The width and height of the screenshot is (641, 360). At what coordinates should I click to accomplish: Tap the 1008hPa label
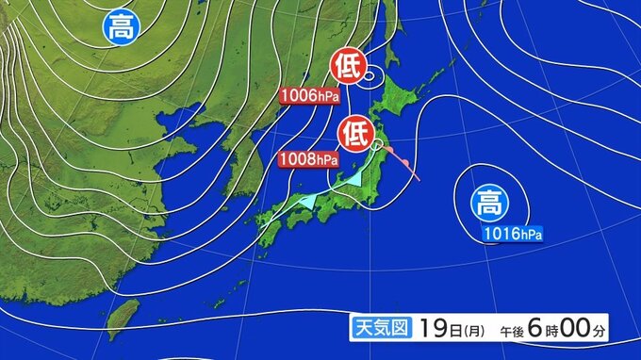pyautogui.click(x=308, y=158)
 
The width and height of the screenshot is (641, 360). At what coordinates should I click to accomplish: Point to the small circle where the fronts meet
pyautogui.click(x=377, y=145)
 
